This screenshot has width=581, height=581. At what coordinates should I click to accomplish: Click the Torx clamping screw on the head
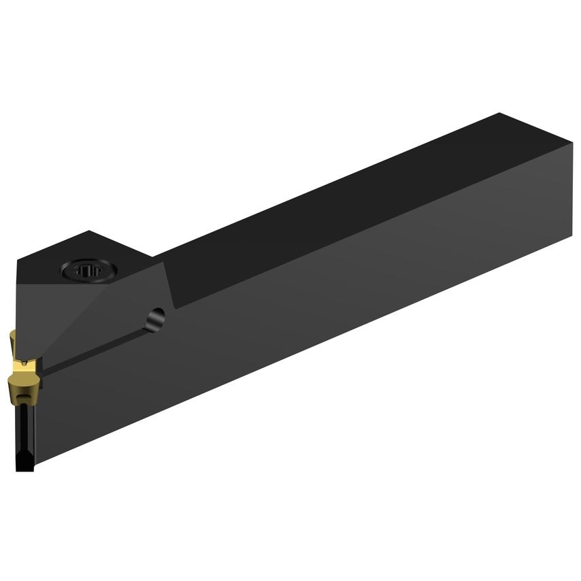pos(89,270)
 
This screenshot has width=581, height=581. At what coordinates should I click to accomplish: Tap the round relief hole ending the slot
pos(156,317)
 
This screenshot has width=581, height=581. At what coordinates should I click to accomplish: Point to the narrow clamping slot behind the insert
pos(95,347)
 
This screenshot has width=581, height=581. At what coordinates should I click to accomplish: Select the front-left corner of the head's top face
pos(16,259)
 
